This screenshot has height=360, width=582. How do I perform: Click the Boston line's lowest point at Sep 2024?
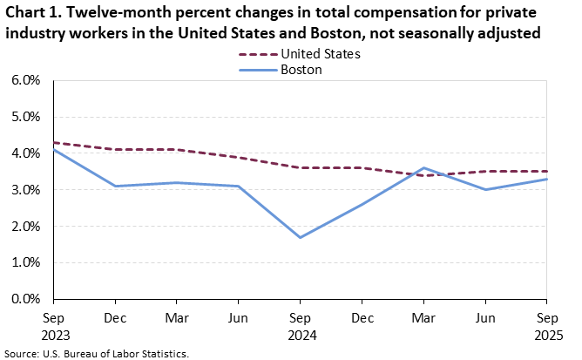300,237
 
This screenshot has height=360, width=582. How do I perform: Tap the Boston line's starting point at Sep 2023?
54,150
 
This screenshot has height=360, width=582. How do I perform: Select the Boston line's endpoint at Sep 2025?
546,179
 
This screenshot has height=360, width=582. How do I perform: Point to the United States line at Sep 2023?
54,142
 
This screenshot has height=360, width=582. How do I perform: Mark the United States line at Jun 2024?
238,157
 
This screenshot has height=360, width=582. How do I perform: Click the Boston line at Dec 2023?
115,186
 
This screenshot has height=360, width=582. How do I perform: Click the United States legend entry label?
320,54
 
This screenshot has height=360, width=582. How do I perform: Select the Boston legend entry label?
301,70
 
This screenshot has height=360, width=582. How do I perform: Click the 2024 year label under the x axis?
300,335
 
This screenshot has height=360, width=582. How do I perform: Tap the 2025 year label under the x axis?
546,335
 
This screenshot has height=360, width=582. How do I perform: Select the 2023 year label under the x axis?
54,335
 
